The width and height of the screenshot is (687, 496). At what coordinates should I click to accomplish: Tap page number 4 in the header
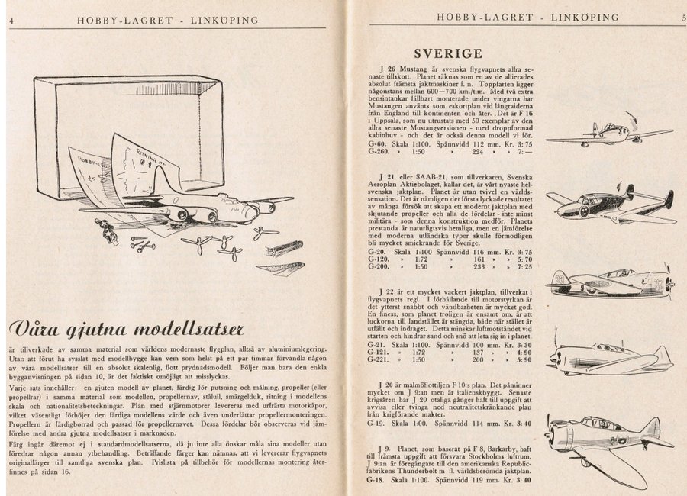(x=11, y=20)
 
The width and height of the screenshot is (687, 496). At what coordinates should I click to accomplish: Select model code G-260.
(x=377, y=152)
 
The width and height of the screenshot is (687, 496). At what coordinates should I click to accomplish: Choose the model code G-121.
(x=377, y=353)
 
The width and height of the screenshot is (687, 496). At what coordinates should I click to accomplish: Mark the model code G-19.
(x=376, y=421)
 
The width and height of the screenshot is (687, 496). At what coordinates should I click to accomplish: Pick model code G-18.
(x=376, y=480)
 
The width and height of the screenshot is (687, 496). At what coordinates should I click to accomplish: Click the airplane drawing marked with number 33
(x=611, y=282)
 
